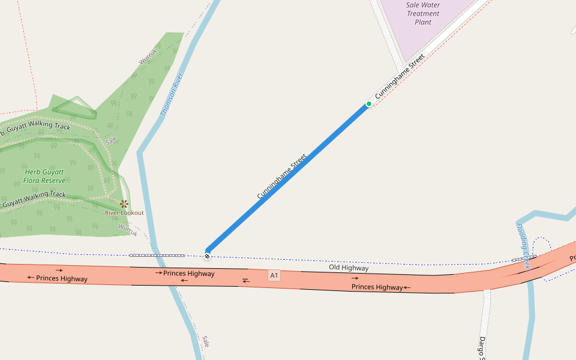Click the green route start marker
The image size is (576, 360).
[369, 104]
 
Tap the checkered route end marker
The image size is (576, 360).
[207, 256]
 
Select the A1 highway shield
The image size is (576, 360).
[274, 275]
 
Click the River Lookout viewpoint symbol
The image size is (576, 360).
[124, 204]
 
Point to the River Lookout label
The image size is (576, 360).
[124, 213]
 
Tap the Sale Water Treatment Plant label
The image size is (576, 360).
[423, 13]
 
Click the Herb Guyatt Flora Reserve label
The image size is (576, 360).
[44, 176]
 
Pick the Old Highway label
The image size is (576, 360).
[348, 268]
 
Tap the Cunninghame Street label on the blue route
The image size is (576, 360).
[282, 176]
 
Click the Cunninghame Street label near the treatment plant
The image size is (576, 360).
[400, 76]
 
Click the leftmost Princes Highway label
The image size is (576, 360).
[61, 278]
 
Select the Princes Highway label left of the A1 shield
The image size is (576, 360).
[188, 274]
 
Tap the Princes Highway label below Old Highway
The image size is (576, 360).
[377, 287]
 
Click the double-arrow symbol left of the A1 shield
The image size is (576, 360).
[246, 280]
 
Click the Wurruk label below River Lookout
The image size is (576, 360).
[128, 229]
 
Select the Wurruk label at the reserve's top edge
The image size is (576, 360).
[148, 58]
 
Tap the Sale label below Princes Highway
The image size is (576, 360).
[205, 342]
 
